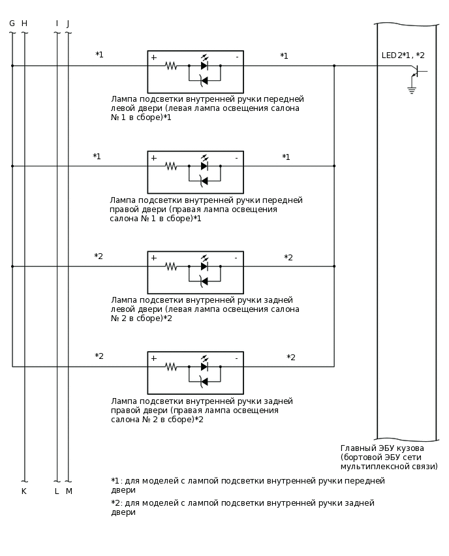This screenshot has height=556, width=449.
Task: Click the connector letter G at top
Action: click(12, 23)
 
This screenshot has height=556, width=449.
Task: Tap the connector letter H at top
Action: click(24, 23)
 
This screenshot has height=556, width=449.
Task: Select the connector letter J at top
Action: click(68, 23)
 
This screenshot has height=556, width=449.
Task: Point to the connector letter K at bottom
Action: click(24, 491)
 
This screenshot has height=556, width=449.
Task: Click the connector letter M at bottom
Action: click(69, 491)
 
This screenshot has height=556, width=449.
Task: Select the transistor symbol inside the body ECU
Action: click(416, 70)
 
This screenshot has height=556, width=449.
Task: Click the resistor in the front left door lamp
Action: click(171, 66)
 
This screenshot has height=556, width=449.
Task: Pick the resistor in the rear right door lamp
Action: click(171, 367)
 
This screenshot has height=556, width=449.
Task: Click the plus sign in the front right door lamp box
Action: click(154, 158)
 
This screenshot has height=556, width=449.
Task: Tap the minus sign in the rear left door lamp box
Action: click(236, 258)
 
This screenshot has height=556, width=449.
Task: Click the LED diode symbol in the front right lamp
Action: click(204, 166)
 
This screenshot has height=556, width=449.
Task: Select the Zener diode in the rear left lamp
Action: click(204, 281)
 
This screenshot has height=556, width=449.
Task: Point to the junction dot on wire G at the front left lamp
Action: click(12, 66)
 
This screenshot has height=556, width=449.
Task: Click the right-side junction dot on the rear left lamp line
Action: click(334, 266)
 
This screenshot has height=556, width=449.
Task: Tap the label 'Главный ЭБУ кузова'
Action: click(382, 448)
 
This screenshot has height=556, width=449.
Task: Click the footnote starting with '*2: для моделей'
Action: click(242, 508)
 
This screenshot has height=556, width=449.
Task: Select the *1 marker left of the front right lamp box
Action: click(97, 157)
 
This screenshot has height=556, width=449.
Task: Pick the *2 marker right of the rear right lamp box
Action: click(291, 358)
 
